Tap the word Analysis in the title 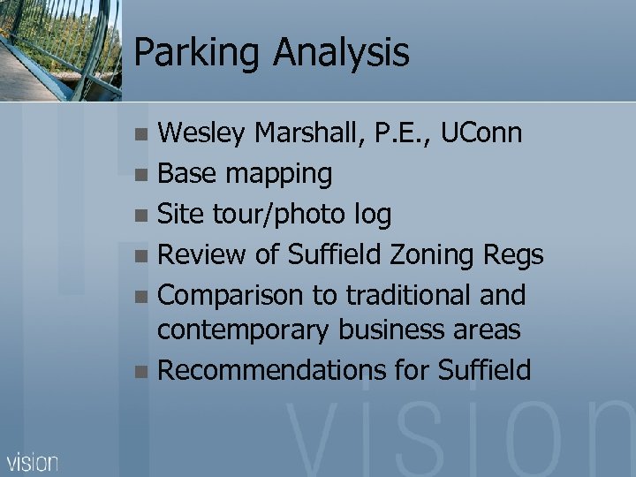(341, 52)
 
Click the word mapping (278, 175)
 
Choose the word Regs (513, 255)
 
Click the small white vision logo (33, 461)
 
